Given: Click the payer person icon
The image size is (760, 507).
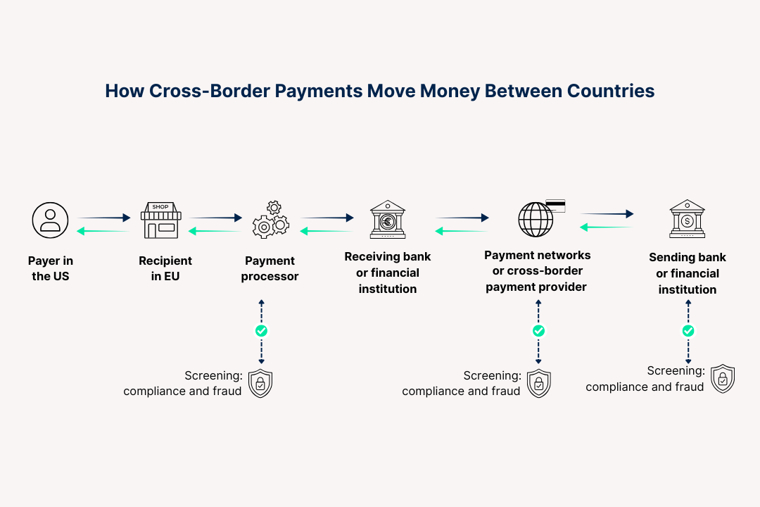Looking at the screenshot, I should point(50,220).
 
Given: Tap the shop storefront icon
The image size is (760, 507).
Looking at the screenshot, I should point(160,220).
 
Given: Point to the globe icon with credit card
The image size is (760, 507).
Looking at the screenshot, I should point(539,218).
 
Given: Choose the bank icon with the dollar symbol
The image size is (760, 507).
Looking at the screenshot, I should point(687,218).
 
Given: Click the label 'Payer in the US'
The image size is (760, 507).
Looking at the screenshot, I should point(51,268).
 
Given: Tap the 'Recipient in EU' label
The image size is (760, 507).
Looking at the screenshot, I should point(165,268).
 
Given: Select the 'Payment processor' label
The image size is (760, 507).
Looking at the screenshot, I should point(270,268).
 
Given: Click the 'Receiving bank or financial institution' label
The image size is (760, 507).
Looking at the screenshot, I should point(387,273).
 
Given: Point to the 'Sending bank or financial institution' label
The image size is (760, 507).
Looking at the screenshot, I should point(687,273).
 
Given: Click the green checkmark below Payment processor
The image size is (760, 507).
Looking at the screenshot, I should point(261,330).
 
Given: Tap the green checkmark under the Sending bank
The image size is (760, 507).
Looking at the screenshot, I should point(688,330).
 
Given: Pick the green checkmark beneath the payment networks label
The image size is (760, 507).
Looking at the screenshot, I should point(538,330).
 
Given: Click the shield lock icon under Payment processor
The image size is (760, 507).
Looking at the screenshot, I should point(260,383).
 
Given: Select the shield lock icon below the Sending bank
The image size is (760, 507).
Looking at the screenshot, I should point(722,379).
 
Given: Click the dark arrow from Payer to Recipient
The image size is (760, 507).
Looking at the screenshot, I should point(104,218).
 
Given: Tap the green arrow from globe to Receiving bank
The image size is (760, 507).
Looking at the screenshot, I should point(462,231).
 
